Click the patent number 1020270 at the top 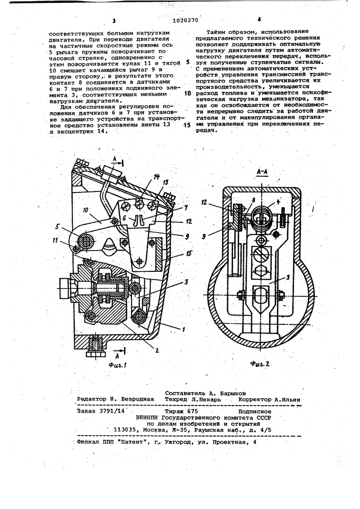185,21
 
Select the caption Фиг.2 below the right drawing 260,364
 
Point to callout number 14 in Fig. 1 156,177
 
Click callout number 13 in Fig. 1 166,183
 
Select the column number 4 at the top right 259,19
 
